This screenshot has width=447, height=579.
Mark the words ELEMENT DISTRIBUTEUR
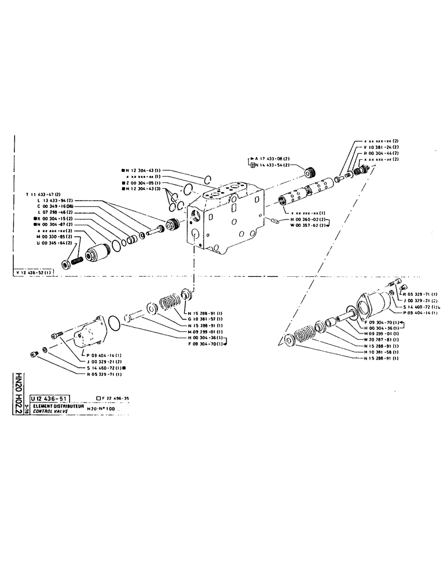click(58, 406)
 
